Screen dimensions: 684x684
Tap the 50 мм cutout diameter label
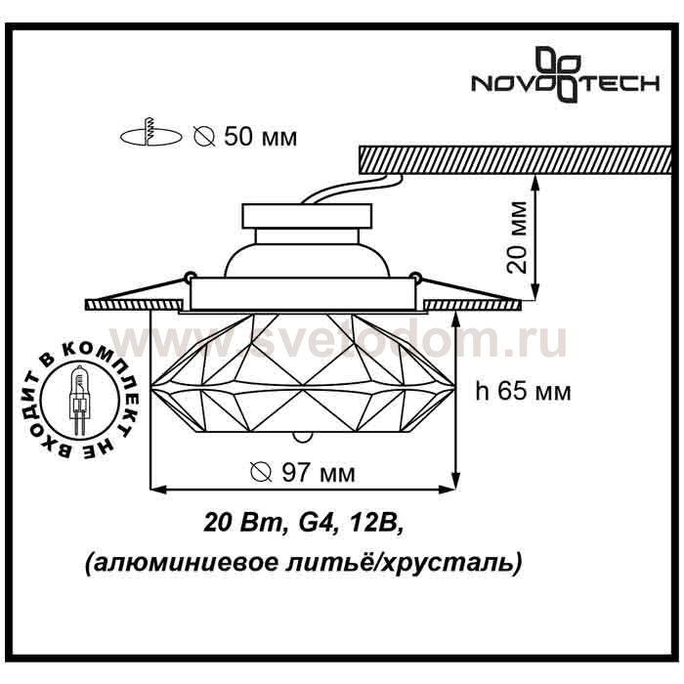(261, 137)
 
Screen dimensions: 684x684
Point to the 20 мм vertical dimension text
(518, 237)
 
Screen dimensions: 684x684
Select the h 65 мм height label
(523, 392)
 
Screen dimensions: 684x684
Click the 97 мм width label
(319, 472)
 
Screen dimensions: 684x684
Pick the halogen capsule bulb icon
(78, 399)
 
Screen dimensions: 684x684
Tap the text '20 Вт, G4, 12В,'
(304, 522)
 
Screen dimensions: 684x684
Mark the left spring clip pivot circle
(190, 277)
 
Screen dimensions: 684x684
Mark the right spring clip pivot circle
(416, 277)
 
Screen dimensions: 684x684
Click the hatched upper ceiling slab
(515, 159)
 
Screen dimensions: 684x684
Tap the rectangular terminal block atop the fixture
(307, 216)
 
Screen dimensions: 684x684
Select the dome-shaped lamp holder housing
(307, 260)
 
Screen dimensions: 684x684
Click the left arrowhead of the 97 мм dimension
(158, 489)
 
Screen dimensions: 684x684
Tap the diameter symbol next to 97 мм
(262, 472)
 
